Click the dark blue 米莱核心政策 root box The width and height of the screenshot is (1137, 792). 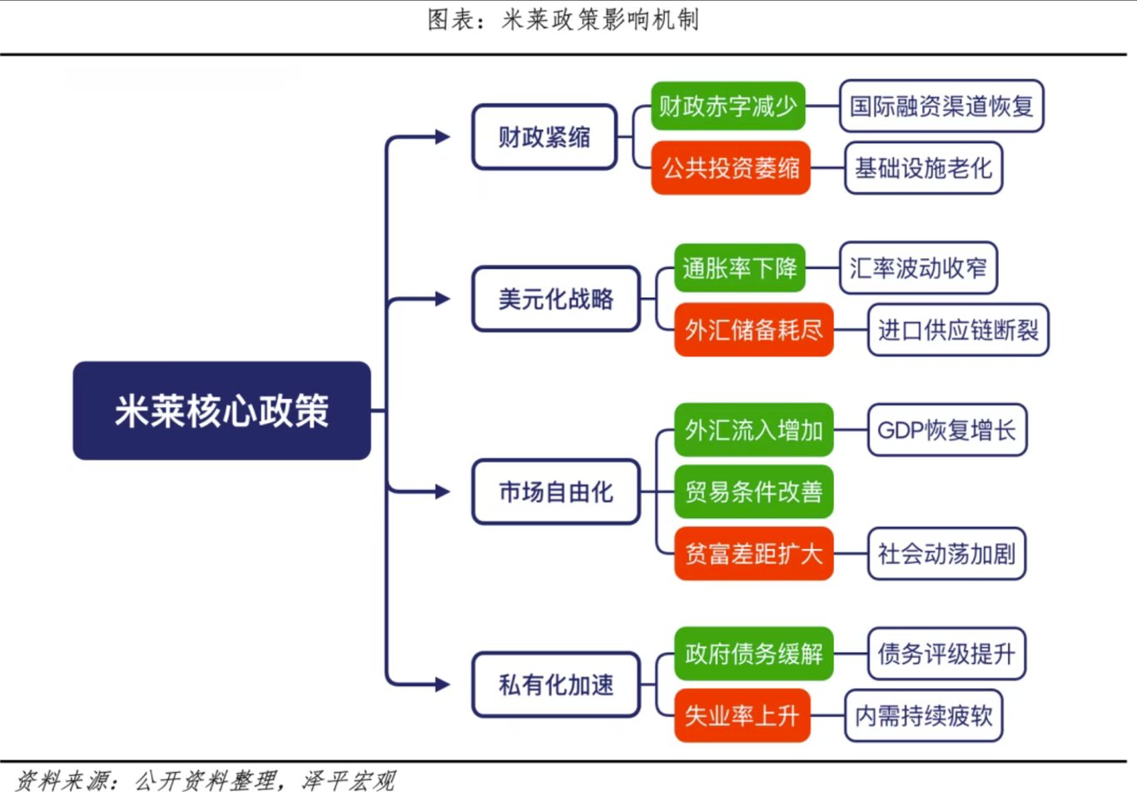[221, 411]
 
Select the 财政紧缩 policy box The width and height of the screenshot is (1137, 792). [544, 137]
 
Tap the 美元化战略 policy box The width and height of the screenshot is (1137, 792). [556, 299]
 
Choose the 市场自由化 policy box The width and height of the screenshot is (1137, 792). [556, 491]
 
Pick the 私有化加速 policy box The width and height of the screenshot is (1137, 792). [556, 685]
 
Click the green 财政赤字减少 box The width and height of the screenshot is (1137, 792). [727, 106]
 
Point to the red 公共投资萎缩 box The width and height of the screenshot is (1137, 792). [731, 167]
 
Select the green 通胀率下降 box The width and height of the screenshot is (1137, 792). [740, 267]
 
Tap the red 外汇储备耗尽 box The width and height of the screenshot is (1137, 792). [754, 330]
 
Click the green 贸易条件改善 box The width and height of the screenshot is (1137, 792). [754, 491]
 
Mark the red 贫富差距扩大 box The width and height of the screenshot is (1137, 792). [754, 553]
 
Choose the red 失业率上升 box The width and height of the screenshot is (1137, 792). [742, 715]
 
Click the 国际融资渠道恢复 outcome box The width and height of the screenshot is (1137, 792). [941, 106]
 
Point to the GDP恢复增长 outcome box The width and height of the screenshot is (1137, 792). [947, 430]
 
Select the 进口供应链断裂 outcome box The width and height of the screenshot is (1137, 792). [958, 330]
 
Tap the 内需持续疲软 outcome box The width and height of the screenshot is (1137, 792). [924, 715]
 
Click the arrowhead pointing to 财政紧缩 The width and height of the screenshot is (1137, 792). [443, 137]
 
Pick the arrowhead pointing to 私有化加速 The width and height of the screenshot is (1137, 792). [443, 685]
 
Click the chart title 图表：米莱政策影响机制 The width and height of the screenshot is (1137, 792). [564, 20]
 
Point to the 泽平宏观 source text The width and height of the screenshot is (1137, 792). [349, 780]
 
